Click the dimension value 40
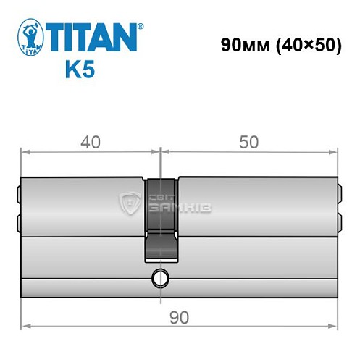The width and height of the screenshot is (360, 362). point(90,143)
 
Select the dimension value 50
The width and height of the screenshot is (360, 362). point(248,143)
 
